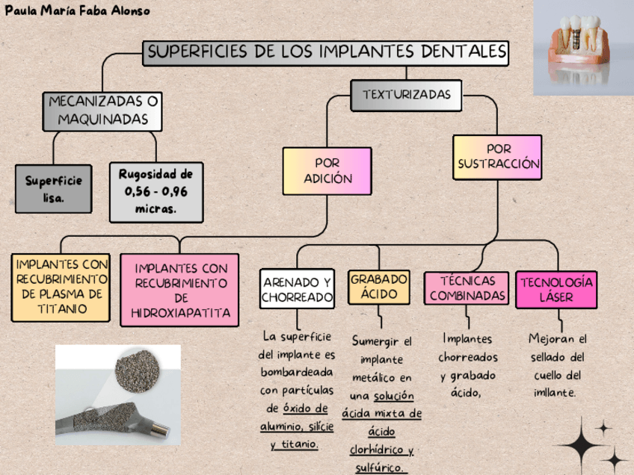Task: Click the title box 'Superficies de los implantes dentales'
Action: click(327, 52)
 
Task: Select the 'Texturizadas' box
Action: click(406, 96)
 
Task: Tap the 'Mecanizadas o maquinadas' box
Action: click(103, 111)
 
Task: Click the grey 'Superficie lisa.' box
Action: click(54, 189)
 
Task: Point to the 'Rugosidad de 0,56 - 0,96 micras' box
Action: click(156, 193)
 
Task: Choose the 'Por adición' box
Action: click(327, 171)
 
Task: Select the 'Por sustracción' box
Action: click(497, 157)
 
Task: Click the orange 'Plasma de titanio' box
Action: click(61, 287)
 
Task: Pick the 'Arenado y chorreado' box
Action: click(297, 289)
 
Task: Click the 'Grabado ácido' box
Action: click(379, 287)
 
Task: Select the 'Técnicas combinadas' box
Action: click(467, 289)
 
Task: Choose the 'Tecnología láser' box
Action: click(556, 289)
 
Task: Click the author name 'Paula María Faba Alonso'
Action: click(78, 10)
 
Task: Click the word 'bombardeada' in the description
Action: click(297, 372)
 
